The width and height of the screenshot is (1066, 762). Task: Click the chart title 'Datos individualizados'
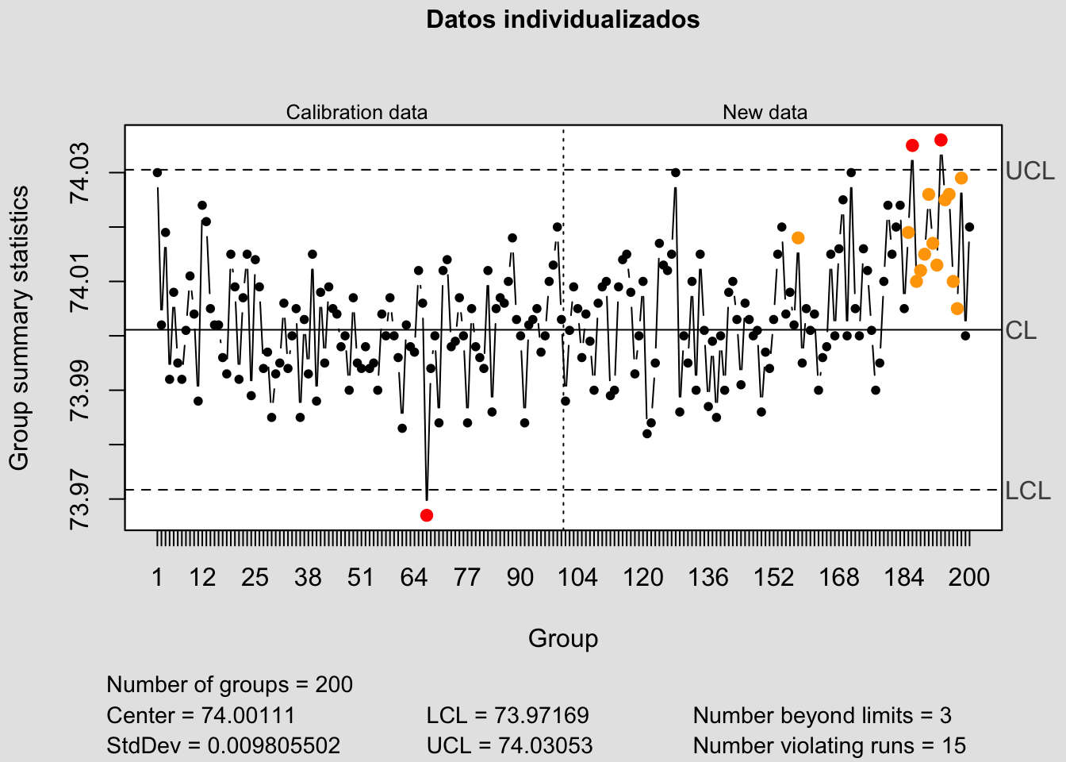pos(562,19)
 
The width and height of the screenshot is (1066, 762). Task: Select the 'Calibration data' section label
pos(356,113)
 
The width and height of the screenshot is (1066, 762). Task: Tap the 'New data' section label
pos(765,113)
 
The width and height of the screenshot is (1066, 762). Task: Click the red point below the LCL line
pos(427,515)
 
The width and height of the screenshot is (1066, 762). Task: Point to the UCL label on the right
pos(1030,171)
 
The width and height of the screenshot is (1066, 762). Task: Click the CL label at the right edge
pos(1021,330)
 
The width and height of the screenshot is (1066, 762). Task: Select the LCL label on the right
pos(1028,491)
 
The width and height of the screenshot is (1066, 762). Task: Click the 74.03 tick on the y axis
pos(81,173)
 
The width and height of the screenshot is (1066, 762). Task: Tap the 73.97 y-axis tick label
pos(81,499)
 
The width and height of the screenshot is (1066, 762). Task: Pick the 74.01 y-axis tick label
pos(81,282)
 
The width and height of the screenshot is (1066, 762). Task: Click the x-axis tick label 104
pos(577,577)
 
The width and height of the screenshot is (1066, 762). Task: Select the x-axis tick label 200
pos(968,577)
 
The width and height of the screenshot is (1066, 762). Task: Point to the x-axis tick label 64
pos(413,577)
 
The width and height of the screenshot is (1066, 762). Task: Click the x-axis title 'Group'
pos(563,638)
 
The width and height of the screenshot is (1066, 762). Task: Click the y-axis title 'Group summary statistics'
pos(19,327)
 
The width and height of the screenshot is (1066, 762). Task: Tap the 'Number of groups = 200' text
pos(229,684)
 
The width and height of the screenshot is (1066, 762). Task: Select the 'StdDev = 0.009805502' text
pos(223,746)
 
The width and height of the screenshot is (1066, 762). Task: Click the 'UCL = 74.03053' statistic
pos(509,746)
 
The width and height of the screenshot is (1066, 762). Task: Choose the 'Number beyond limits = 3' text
pos(822,716)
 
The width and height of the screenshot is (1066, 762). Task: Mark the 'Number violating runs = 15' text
pos(829,746)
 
